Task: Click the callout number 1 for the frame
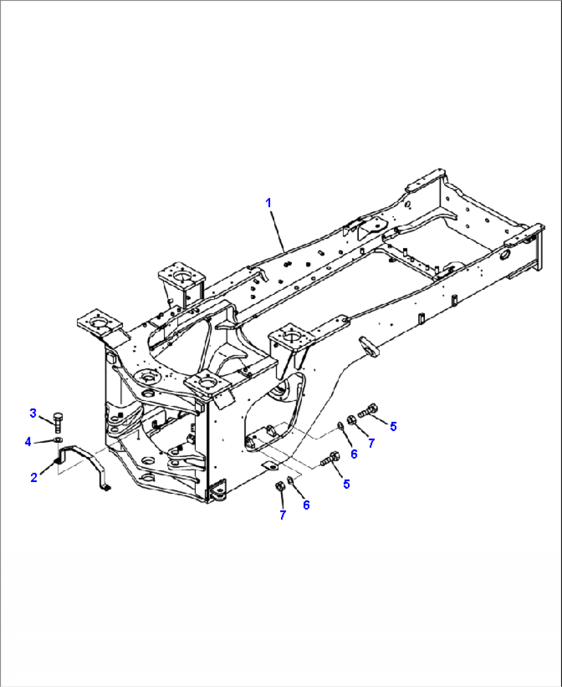268,203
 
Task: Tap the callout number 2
34,478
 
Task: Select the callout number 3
33,414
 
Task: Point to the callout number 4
28,442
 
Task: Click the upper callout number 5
393,427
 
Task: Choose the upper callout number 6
354,454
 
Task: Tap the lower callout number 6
306,505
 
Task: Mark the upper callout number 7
371,443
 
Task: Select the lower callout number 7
283,515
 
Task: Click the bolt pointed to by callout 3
58,422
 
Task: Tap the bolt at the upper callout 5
368,410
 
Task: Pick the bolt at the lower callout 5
330,459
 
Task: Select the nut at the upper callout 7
351,420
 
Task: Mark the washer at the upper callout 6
340,425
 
